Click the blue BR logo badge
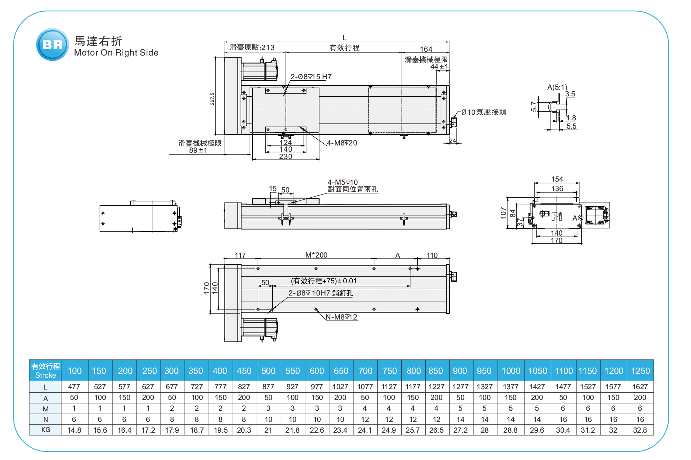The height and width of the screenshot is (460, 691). pyautogui.click(x=52, y=45)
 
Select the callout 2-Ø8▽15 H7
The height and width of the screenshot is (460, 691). pyautogui.click(x=311, y=77)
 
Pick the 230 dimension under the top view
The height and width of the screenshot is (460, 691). pyautogui.click(x=286, y=157)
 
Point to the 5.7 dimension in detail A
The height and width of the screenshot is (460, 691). pyautogui.click(x=534, y=107)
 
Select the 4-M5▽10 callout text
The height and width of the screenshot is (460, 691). pyautogui.click(x=343, y=182)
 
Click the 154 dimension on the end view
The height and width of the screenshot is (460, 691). pyautogui.click(x=557, y=179)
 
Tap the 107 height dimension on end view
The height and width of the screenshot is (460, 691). pyautogui.click(x=503, y=213)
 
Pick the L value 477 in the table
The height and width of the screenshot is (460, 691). pyautogui.click(x=74, y=387)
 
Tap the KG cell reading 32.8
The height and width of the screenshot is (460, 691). pyautogui.click(x=640, y=430)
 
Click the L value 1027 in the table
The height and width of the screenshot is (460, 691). pyautogui.click(x=340, y=387)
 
